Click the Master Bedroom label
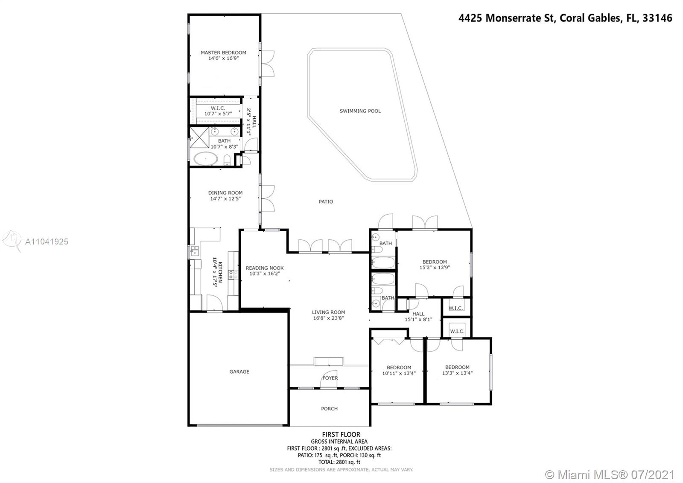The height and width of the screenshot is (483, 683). tap(223, 53)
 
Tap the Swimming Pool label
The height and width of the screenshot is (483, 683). tap(360, 111)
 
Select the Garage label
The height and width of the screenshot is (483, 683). tap(239, 371)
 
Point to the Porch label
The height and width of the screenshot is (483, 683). tap(329, 409)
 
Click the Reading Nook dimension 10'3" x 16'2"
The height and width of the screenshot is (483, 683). tap(265, 274)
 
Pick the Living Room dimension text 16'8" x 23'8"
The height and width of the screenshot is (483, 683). tap(328, 318)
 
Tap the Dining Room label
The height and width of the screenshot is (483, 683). tap(225, 193)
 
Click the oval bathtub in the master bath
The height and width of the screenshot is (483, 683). tap(206, 159)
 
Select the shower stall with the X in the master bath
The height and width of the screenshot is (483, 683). tap(199, 137)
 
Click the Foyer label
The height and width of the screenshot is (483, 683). tap(330, 378)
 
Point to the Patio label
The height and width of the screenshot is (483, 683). tap(326, 201)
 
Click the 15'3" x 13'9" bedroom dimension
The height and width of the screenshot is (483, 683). tap(435, 268)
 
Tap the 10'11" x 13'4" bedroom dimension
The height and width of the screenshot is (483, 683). tap(399, 373)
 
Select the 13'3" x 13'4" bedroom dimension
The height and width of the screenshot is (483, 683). tap(457, 373)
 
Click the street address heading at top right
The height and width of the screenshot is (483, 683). tap(565, 18)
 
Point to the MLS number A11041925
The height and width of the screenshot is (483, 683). tap(47, 242)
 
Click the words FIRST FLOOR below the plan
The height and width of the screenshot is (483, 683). tap(341, 434)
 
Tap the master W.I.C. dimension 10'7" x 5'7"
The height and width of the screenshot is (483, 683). tap(218, 114)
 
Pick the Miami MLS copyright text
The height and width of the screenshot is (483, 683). tap(610, 474)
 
